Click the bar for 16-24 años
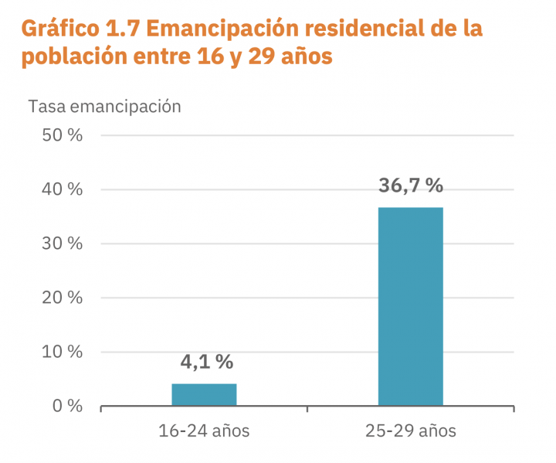(204, 394)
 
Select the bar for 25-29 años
(410, 306)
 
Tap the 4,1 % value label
(206, 362)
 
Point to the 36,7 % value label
(411, 186)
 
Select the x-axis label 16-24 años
(204, 431)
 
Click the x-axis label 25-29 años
(410, 431)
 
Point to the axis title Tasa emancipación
(104, 107)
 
